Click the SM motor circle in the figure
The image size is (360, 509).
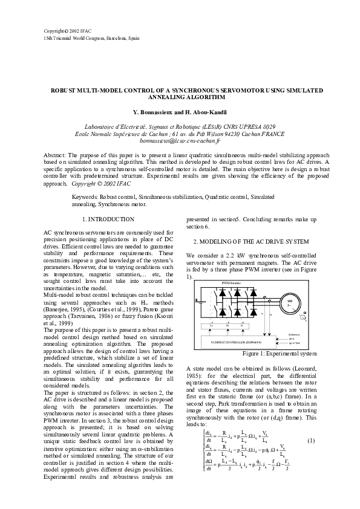pyautogui.click(x=290, y=303)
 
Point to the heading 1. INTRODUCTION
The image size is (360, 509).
pyautogui.click(x=108, y=219)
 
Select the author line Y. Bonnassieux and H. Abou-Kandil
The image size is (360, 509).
pyautogui.click(x=180, y=112)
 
